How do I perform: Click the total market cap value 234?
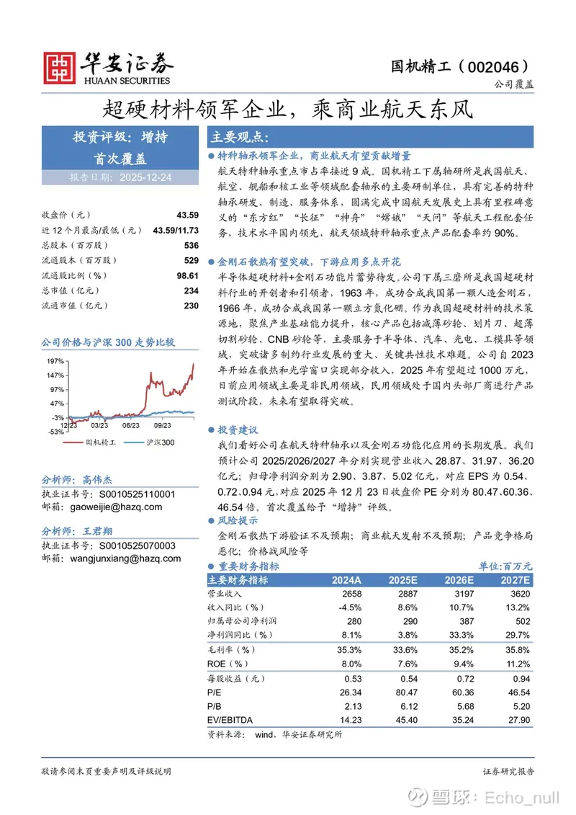[191, 290]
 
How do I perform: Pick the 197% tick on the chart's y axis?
[55, 361]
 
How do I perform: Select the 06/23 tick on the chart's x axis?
[131, 425]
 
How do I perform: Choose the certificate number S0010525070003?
[137, 545]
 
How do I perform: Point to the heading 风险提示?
[238, 520]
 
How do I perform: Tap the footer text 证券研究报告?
[508, 772]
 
